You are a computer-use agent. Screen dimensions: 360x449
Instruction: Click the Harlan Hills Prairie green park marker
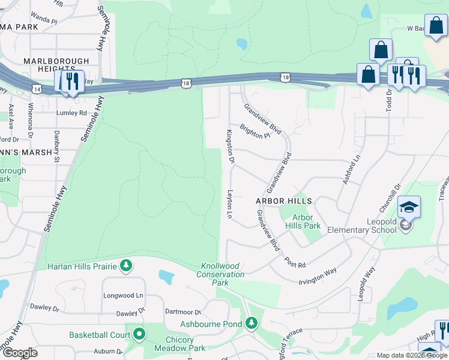(125, 265)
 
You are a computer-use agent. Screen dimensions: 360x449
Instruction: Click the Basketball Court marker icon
(139, 334)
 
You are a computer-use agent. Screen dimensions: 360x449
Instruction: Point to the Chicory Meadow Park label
(179, 344)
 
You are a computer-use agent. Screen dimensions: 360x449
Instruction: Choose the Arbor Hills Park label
(306, 221)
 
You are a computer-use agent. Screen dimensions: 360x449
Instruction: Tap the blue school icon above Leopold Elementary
(409, 207)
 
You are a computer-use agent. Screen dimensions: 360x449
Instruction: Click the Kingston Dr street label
(229, 146)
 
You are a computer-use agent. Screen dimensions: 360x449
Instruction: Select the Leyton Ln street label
(229, 204)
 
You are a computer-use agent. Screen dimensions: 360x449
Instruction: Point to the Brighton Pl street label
(255, 131)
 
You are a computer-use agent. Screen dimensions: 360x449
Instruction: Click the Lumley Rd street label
(71, 112)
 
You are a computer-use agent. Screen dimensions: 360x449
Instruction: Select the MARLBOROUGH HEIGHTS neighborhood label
(56, 65)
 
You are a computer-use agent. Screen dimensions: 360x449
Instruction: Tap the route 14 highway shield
(38, 88)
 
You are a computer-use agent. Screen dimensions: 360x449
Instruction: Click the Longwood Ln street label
(123, 295)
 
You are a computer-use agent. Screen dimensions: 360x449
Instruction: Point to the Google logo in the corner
(19, 353)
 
